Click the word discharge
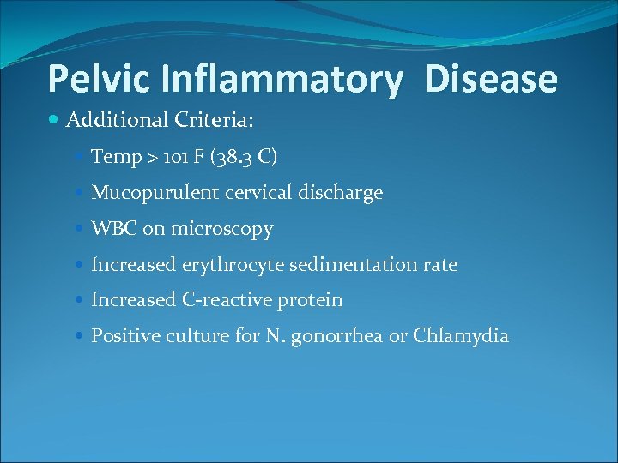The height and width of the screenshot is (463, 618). [x=342, y=193]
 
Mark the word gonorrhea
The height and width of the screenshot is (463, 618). [x=340, y=336]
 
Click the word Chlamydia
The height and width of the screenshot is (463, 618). [x=461, y=335]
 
